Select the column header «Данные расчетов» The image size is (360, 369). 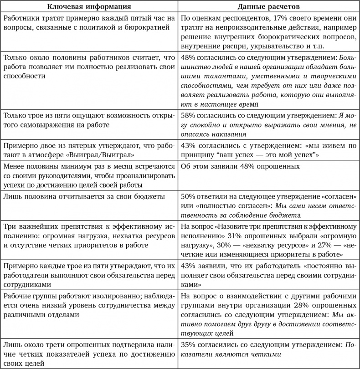[269, 7]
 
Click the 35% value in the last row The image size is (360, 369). [188, 345]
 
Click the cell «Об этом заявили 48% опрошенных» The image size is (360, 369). [240, 167]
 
